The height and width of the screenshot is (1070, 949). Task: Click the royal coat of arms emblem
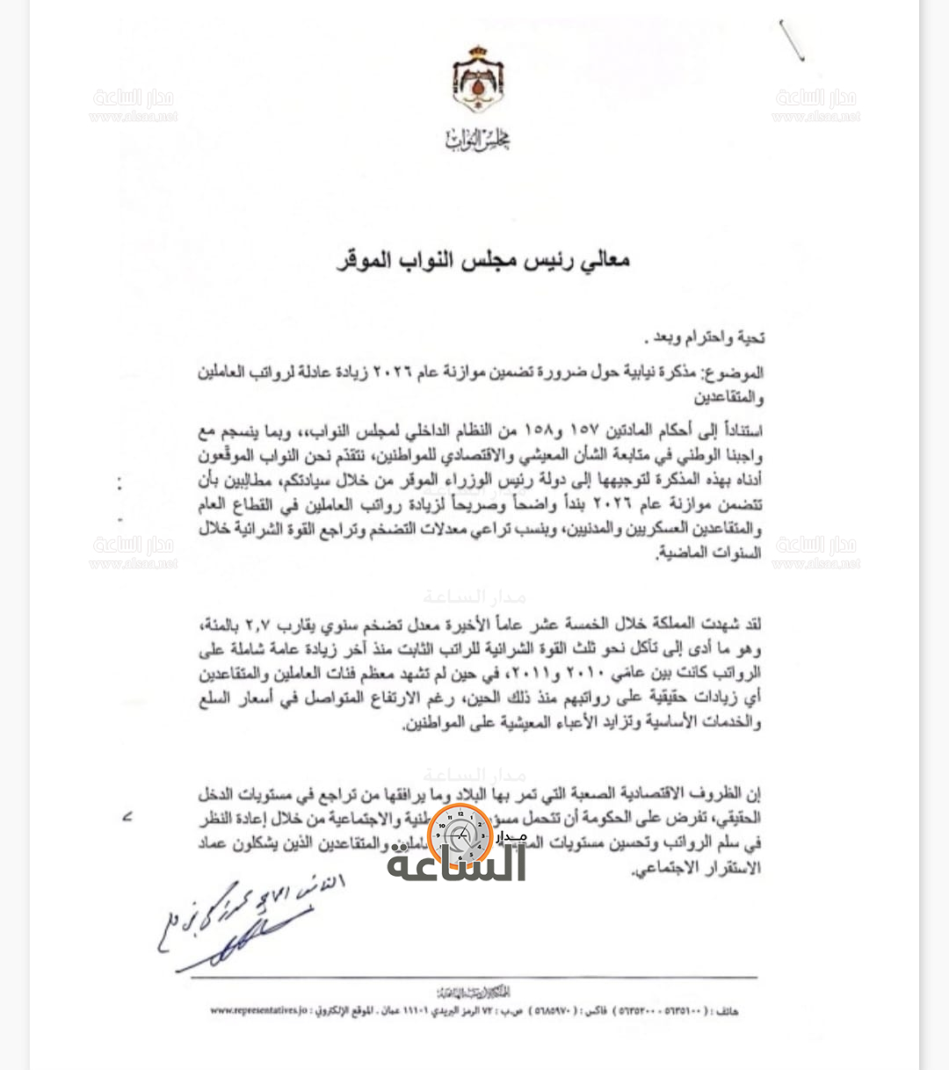pyautogui.click(x=477, y=81)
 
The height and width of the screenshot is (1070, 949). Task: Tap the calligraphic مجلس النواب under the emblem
pyautogui.click(x=477, y=139)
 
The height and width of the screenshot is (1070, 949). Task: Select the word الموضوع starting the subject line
pyautogui.click(x=735, y=373)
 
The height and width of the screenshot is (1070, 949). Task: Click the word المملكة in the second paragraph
pyautogui.click(x=668, y=625)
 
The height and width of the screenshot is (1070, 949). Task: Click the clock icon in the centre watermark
pyautogui.click(x=460, y=835)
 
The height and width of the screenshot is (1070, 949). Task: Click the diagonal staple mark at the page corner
pyautogui.click(x=791, y=40)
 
